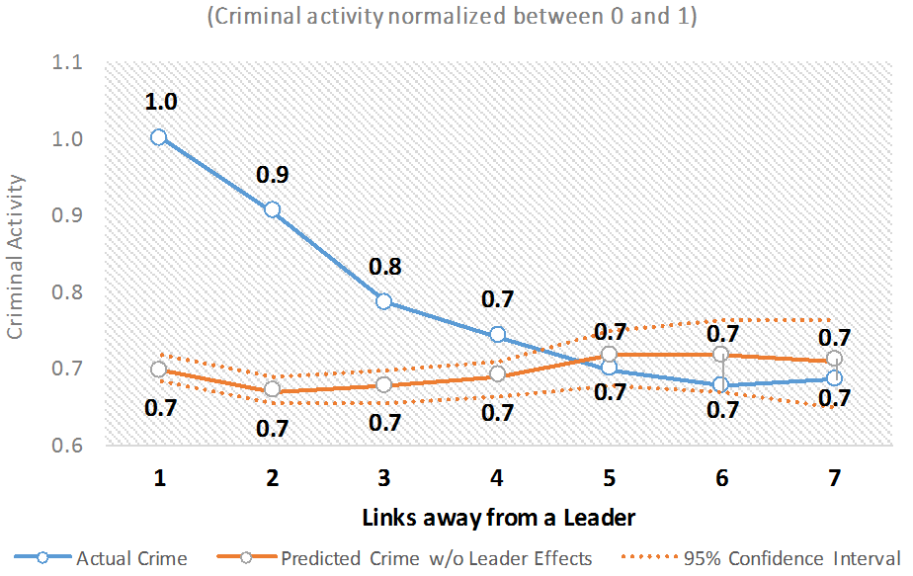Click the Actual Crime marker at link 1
(158, 137)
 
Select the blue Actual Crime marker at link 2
(272, 209)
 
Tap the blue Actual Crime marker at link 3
(383, 300)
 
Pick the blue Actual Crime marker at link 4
(497, 335)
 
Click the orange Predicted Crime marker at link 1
(158, 370)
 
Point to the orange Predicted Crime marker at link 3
(383, 384)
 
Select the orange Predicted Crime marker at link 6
(721, 355)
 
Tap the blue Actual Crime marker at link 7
(835, 377)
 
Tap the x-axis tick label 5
(609, 478)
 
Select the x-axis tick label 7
(835, 478)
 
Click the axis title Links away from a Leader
(497, 517)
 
